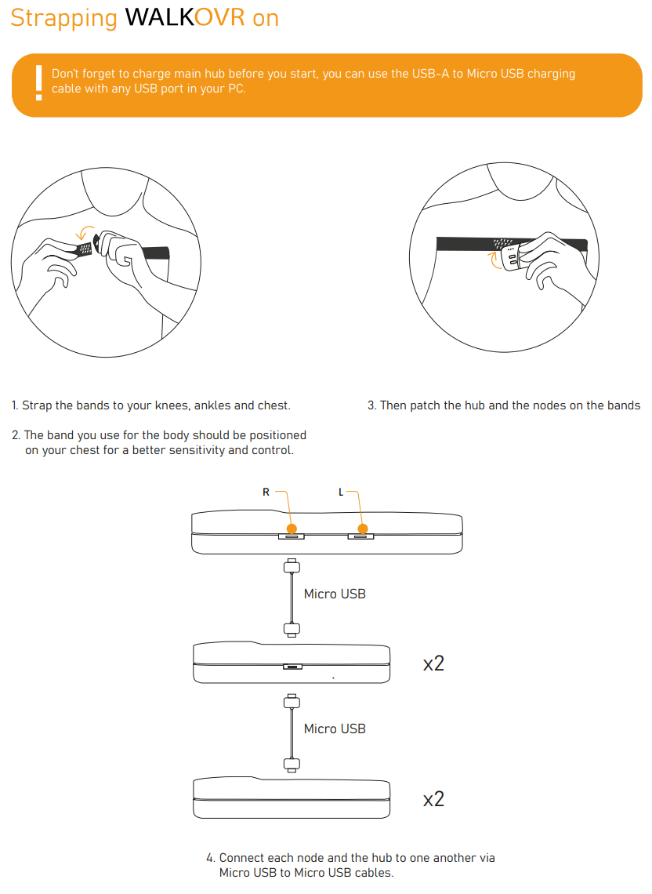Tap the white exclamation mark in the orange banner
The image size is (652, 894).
click(38, 83)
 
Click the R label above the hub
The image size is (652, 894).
click(266, 492)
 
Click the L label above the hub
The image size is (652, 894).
click(340, 492)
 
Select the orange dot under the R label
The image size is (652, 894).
click(292, 529)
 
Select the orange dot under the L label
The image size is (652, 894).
click(361, 529)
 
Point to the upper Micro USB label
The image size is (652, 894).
click(335, 594)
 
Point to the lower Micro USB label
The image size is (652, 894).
click(335, 729)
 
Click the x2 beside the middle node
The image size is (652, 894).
click(433, 663)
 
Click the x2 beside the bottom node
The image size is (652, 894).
click(433, 799)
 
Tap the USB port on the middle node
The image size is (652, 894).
click(292, 667)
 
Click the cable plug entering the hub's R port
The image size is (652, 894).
click(292, 565)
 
